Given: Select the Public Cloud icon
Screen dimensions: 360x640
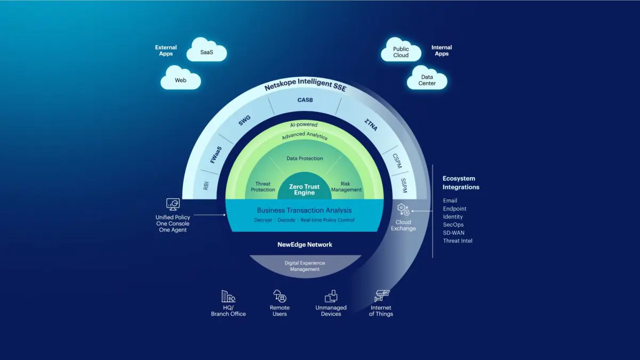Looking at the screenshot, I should coord(401,51).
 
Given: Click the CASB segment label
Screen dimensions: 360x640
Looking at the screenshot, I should coord(305,100).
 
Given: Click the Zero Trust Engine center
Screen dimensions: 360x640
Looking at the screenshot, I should coord(305,189).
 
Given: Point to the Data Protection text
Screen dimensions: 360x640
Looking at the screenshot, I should coord(305,158).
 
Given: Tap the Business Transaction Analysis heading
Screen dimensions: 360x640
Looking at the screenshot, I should coord(305,210).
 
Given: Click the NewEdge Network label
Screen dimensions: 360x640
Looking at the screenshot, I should coord(305,244).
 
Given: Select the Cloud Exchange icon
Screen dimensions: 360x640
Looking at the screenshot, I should coord(403,210).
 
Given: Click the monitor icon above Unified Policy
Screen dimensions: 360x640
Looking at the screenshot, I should coord(173,204).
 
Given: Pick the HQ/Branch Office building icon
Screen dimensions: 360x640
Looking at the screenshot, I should coord(228,297).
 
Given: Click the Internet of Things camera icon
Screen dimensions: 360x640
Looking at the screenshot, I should coord(382,295).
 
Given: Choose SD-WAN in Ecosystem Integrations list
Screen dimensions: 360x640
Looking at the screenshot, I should coord(454,233).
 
